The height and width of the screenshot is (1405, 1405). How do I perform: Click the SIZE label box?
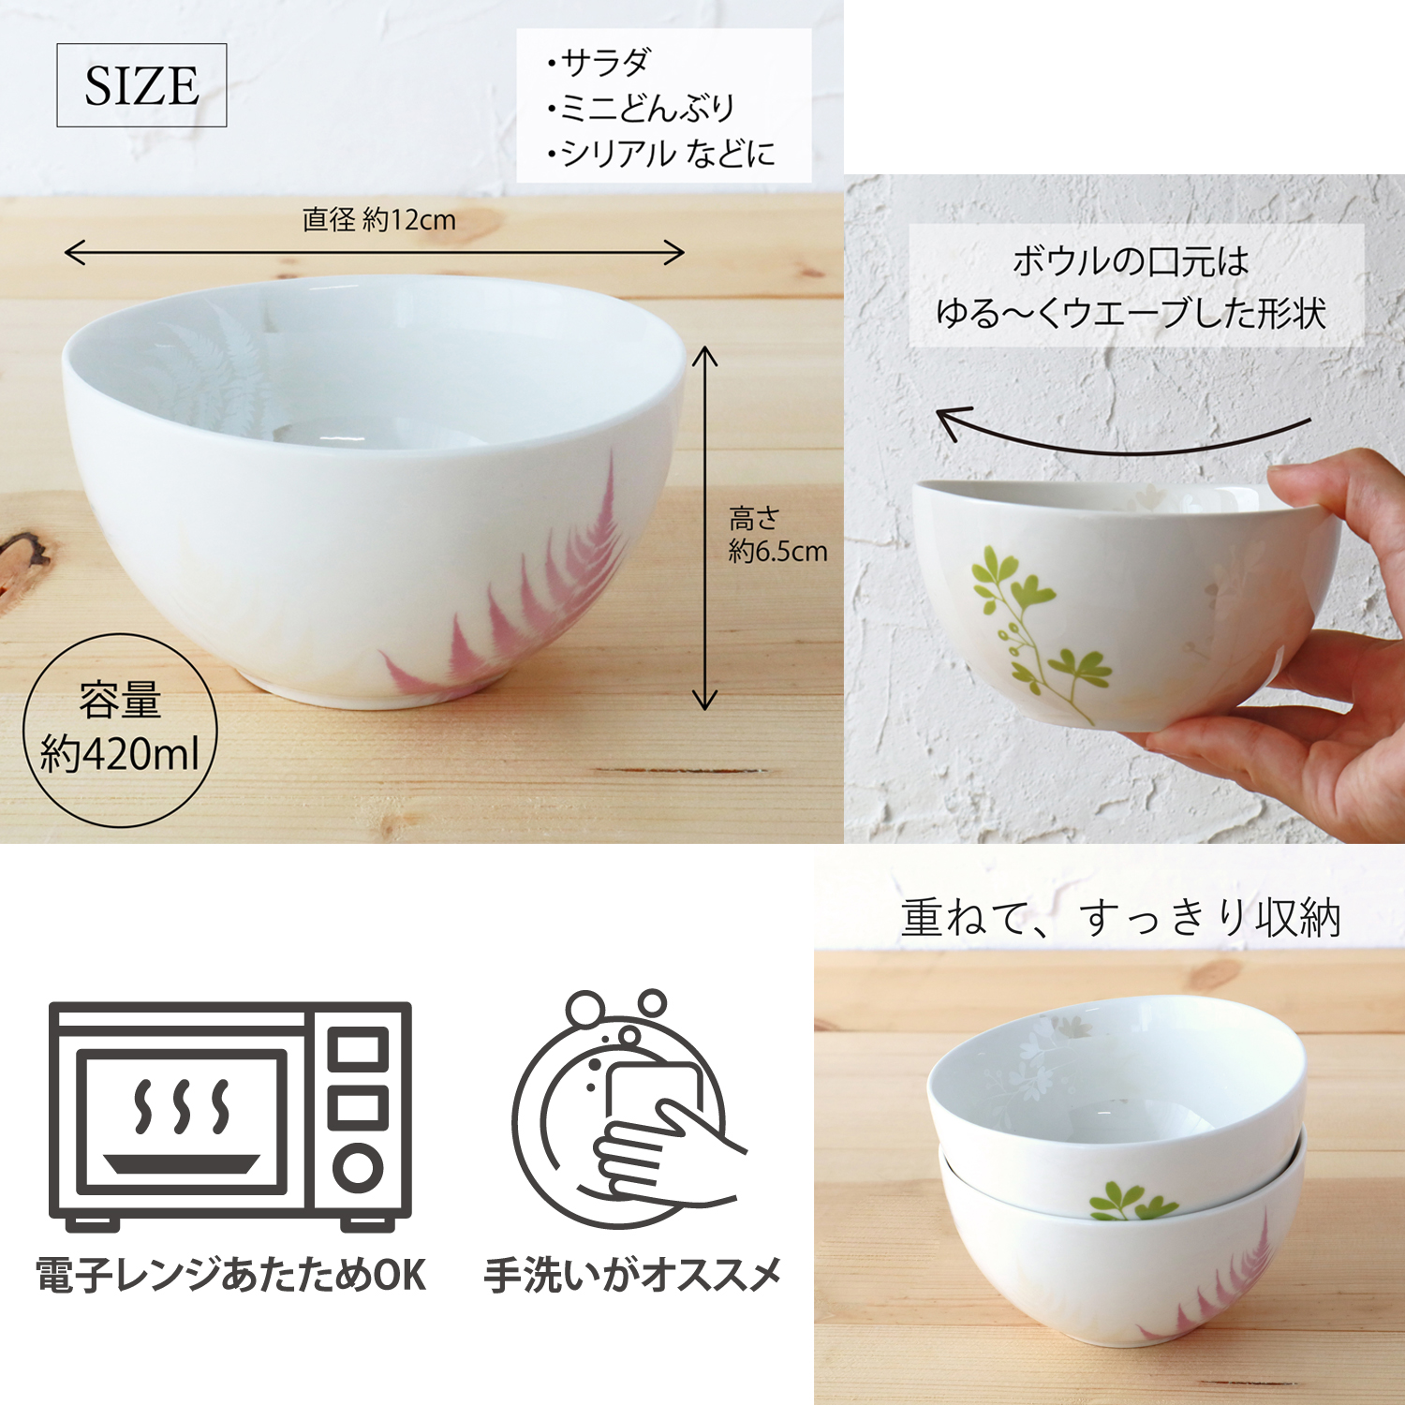141,85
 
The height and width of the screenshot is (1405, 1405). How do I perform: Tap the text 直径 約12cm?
378,220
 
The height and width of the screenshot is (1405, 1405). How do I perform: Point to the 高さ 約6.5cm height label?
777,535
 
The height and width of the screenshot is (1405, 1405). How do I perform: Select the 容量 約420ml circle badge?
120,730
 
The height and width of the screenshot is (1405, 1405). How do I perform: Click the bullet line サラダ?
599,63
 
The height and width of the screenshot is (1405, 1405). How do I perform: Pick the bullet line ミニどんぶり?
642,108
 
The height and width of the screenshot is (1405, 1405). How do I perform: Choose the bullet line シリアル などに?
661,153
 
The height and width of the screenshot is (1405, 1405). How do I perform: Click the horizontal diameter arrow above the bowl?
375,253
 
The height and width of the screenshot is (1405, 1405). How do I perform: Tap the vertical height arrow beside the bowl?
704,528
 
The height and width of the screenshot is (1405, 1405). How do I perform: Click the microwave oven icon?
230,1116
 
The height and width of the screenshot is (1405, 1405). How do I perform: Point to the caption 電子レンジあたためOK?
231,1276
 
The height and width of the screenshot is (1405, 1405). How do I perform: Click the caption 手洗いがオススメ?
633,1276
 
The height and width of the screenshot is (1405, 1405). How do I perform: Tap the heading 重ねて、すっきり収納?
1121,918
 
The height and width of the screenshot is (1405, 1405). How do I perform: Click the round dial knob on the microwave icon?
358,1168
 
